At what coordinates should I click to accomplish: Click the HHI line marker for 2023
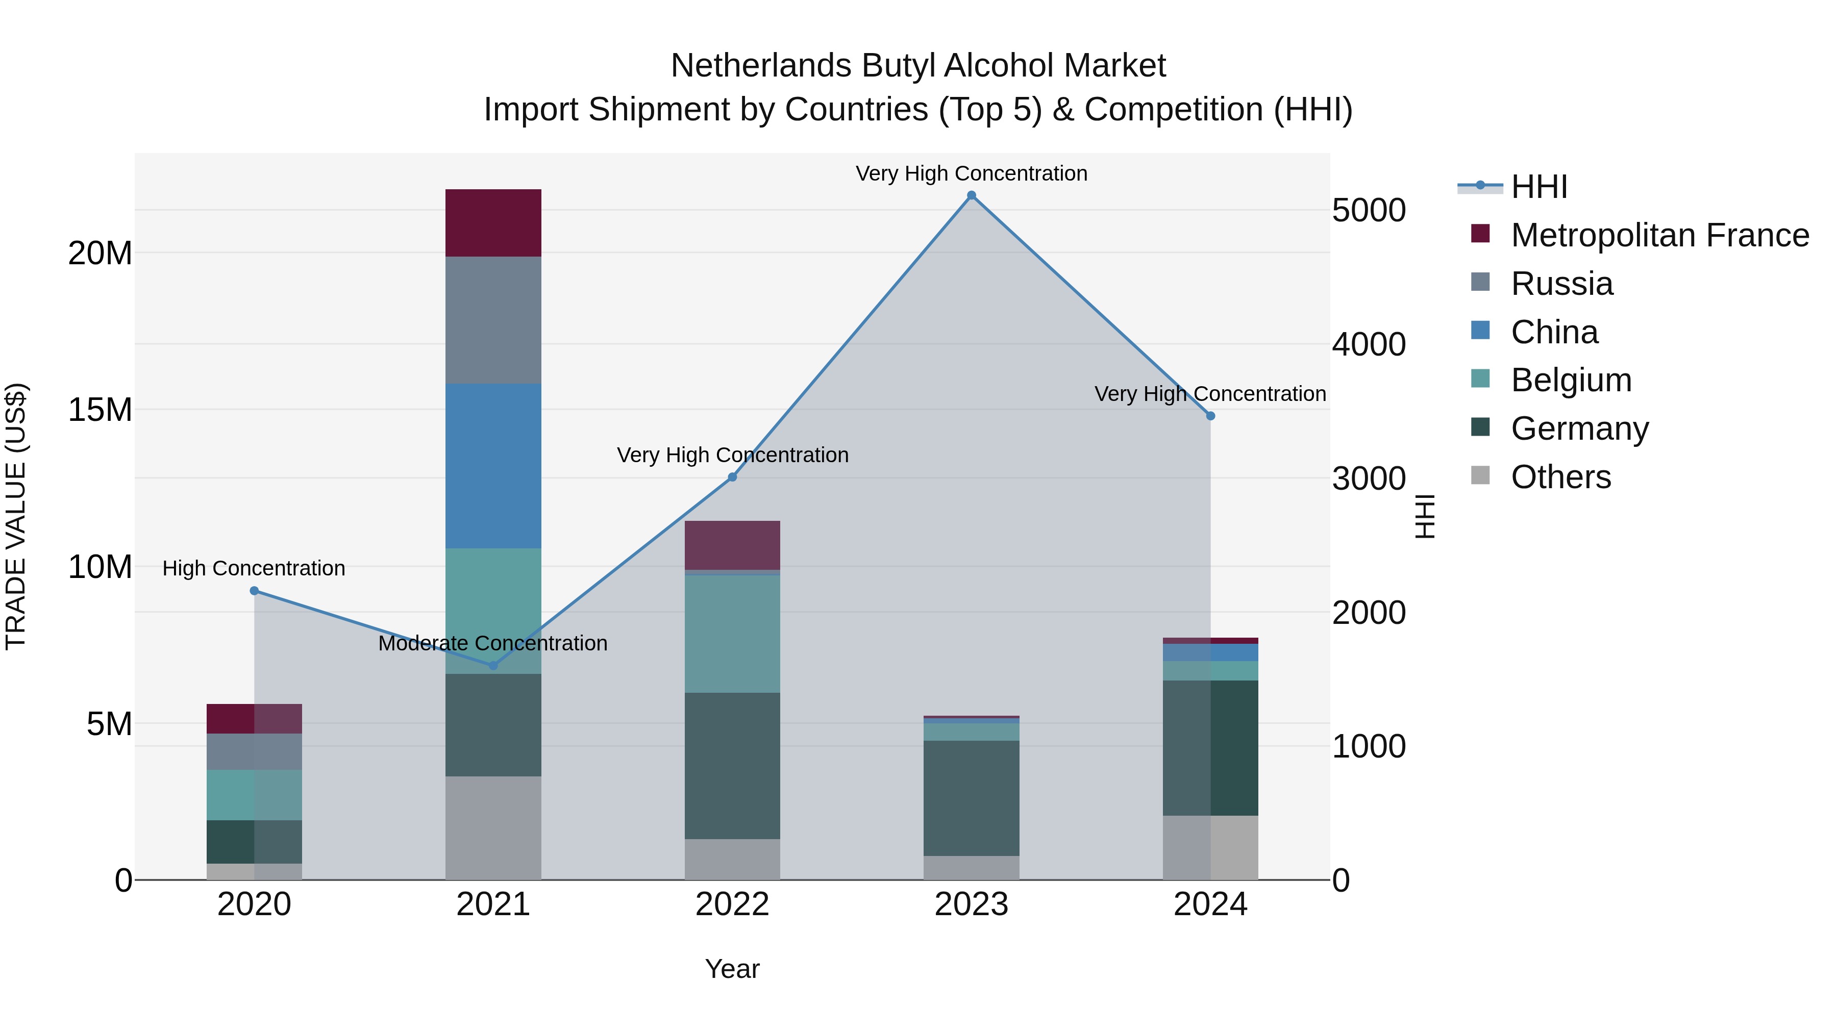click(971, 195)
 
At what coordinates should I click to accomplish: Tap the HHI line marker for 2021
click(493, 666)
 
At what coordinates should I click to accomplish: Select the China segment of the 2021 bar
click(493, 466)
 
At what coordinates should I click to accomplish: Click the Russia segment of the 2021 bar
click(493, 320)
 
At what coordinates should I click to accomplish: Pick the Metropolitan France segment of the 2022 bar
click(732, 545)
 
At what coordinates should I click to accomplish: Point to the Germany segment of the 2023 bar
click(971, 798)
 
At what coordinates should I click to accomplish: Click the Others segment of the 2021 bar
click(493, 828)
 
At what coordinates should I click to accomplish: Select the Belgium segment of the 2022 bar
click(732, 633)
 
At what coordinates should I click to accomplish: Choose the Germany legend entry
click(1579, 429)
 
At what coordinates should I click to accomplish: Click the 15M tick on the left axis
click(100, 410)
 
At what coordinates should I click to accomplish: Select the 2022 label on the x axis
click(732, 904)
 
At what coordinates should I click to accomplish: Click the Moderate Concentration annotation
click(493, 643)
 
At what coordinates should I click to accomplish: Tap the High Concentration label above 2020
click(254, 568)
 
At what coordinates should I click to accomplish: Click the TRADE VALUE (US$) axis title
click(16, 516)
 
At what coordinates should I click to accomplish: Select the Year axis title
click(732, 969)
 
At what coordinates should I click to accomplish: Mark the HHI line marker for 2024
click(1210, 416)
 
